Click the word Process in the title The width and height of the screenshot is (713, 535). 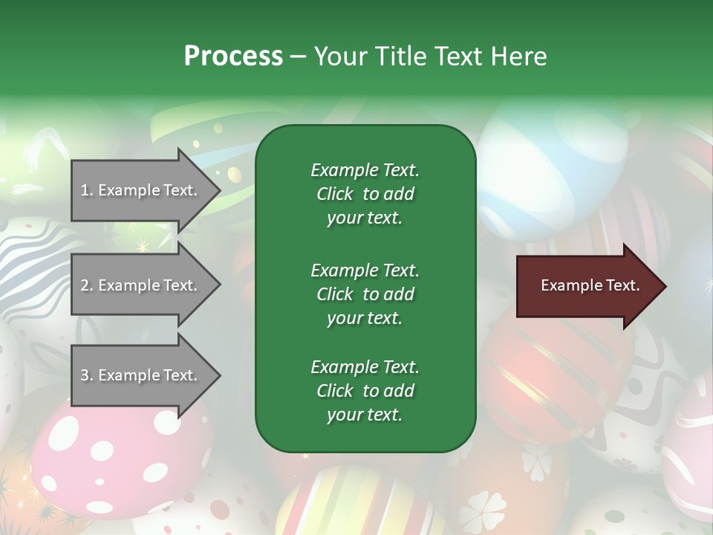coord(233,56)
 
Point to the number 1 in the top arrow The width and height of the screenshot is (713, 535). coord(85,190)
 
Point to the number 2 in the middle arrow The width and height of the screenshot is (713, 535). coord(85,285)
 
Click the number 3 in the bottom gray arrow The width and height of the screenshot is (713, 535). coord(85,375)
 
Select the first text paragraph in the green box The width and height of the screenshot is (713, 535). coord(365,194)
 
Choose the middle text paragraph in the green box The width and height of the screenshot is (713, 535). coord(365,294)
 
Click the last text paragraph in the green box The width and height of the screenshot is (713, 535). coord(365,391)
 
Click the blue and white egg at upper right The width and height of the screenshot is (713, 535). coord(553,171)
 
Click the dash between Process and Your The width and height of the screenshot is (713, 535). coord(299,56)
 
